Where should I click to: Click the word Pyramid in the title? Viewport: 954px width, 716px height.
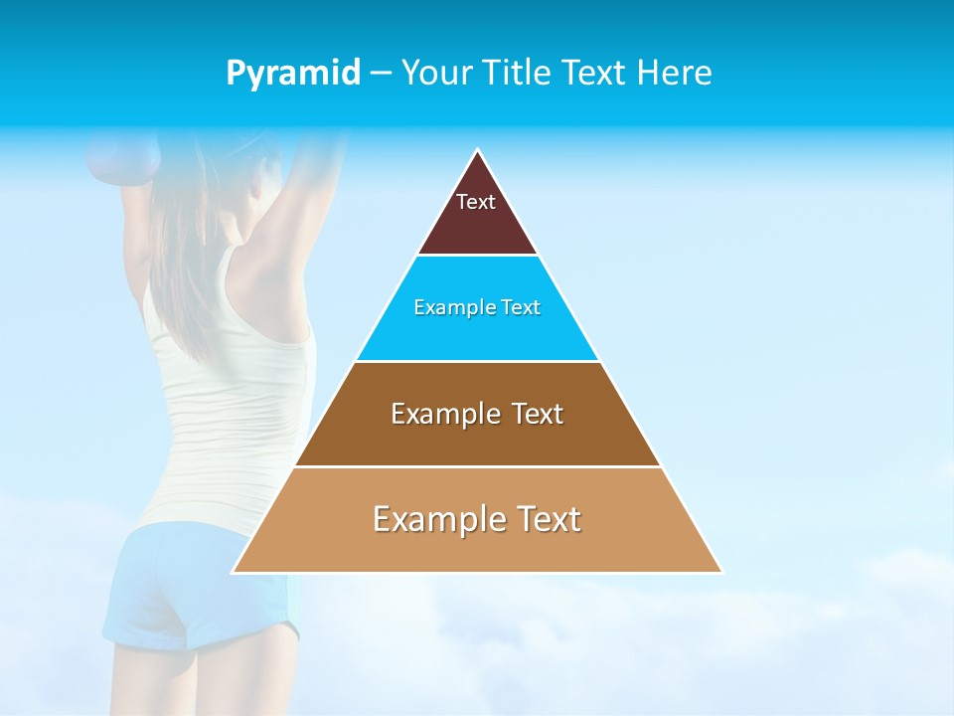click(x=293, y=73)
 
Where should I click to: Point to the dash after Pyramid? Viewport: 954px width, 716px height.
click(x=381, y=74)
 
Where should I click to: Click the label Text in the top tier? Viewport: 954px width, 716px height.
click(x=476, y=202)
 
